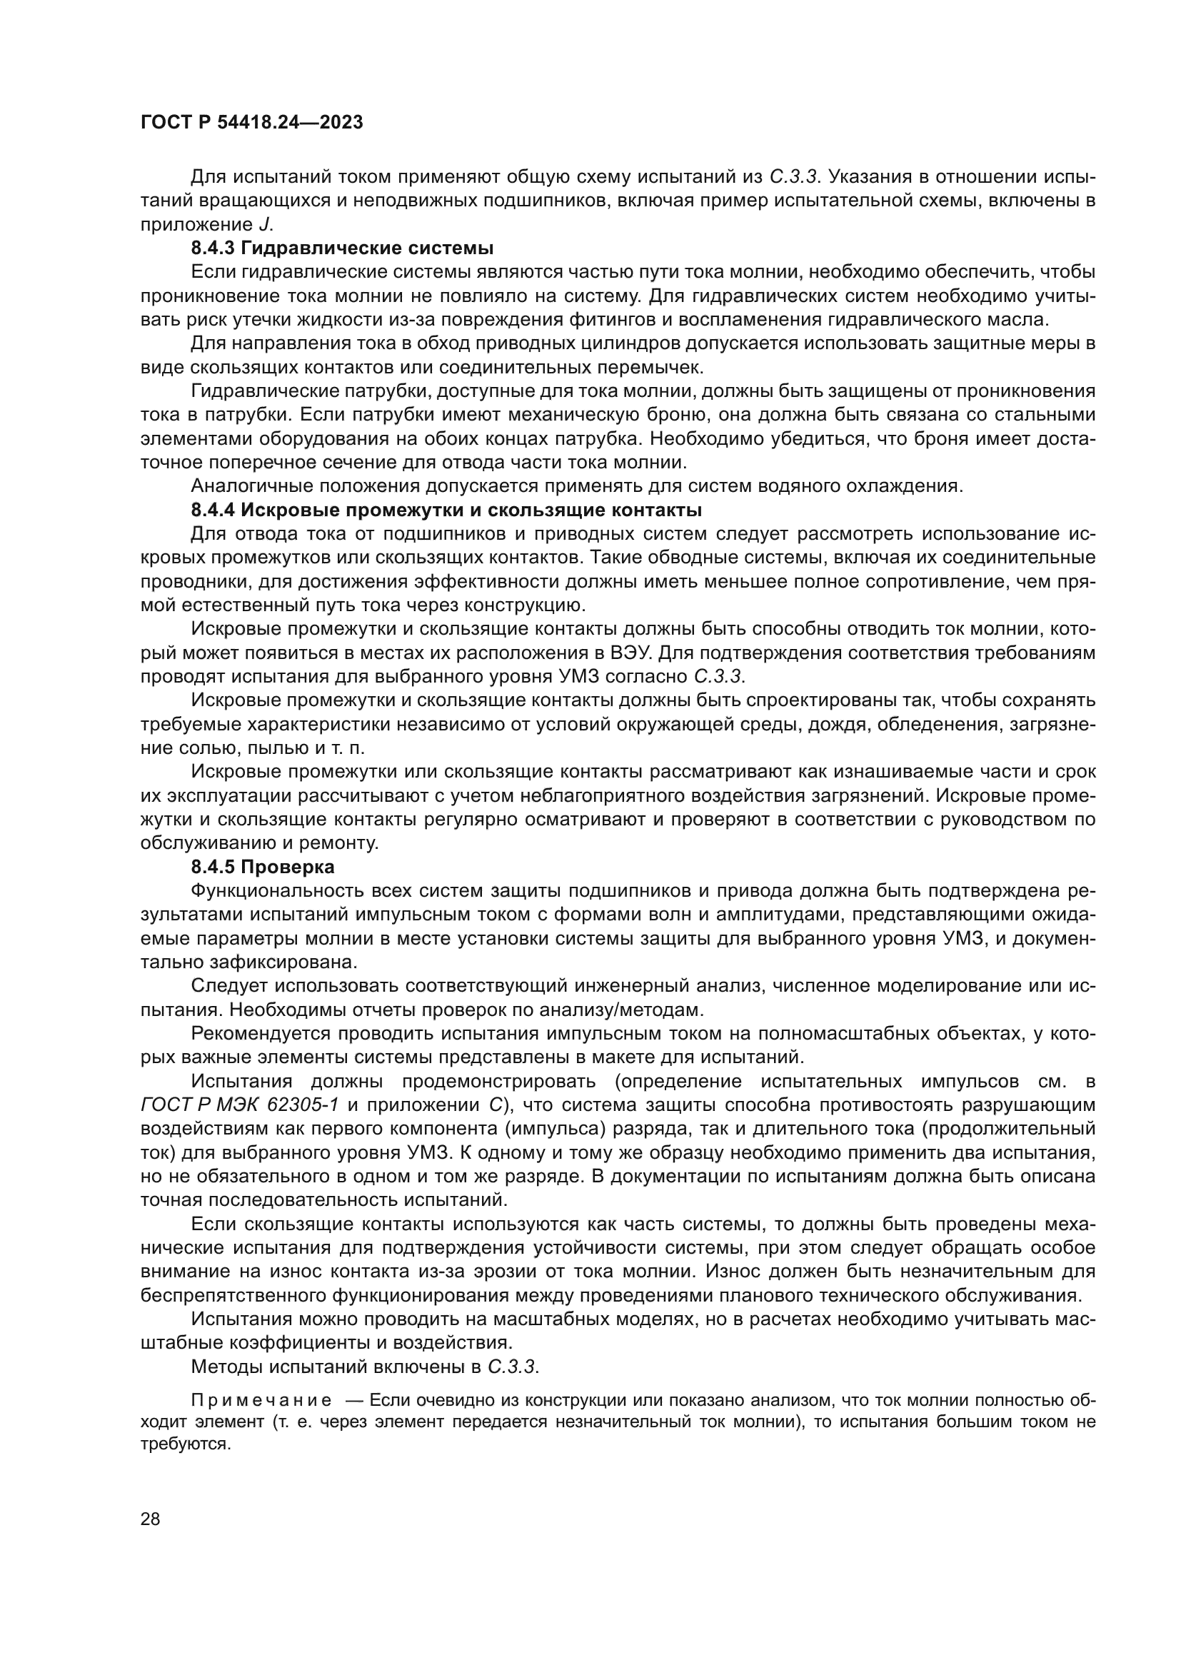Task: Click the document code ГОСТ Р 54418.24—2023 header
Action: [x=251, y=123]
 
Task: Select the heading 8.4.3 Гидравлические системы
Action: [x=343, y=248]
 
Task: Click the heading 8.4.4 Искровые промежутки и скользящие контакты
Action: [x=446, y=509]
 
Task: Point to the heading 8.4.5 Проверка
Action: [x=263, y=867]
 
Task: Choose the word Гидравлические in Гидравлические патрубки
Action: [x=261, y=391]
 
